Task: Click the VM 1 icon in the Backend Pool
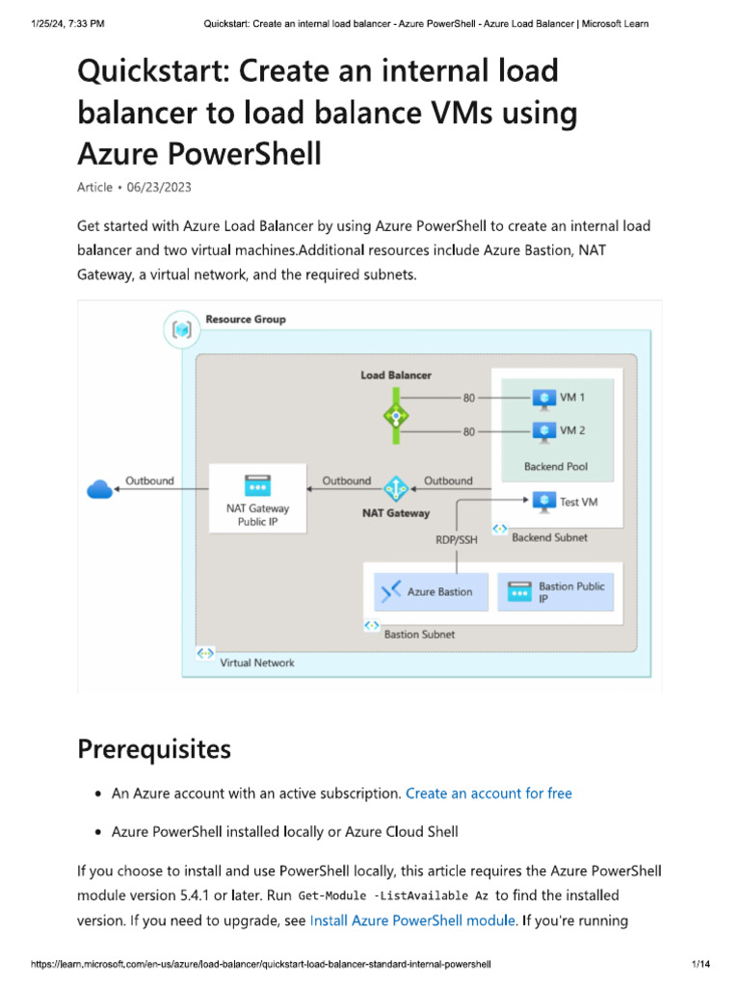tap(544, 397)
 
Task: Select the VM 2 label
tap(572, 430)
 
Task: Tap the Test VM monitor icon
tap(544, 502)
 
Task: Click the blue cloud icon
tap(100, 490)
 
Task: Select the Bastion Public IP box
tap(556, 591)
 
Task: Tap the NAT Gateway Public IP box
tap(257, 499)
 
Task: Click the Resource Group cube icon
tap(182, 330)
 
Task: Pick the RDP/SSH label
tap(457, 540)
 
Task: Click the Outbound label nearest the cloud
tap(149, 480)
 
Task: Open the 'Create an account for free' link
tap(489, 793)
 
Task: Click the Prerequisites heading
tap(154, 748)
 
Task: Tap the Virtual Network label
tap(257, 662)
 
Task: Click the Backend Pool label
tap(556, 466)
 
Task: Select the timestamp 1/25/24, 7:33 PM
tap(60, 23)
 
